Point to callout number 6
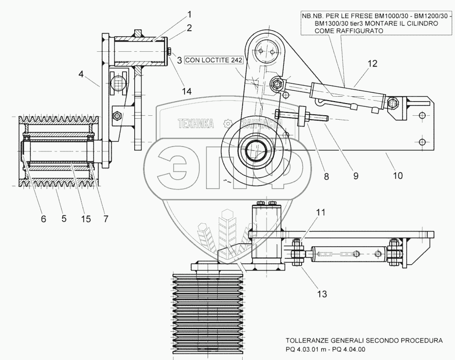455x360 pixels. (43, 219)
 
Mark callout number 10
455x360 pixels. (398, 174)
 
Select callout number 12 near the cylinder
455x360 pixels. (372, 64)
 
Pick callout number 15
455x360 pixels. (85, 219)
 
